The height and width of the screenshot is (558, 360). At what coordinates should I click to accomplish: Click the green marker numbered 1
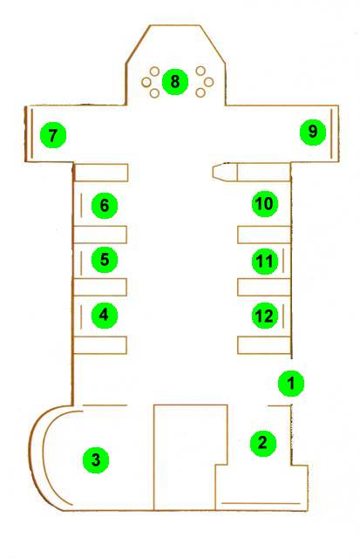(291, 384)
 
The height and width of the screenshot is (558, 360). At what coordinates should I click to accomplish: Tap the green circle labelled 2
(263, 443)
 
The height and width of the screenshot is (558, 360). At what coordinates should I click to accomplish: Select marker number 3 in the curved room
(96, 460)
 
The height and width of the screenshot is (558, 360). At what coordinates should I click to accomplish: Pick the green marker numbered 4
(105, 315)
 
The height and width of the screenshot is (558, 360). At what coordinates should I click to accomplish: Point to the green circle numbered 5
(105, 260)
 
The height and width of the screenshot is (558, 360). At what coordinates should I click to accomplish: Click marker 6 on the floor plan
(105, 206)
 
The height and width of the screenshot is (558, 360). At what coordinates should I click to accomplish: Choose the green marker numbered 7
(53, 135)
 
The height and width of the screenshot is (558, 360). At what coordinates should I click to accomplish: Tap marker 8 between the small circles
(174, 81)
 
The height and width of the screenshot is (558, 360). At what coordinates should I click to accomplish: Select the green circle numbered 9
(313, 132)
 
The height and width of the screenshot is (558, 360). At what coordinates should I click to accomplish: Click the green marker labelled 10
(265, 204)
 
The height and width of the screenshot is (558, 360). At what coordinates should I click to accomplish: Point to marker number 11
(265, 262)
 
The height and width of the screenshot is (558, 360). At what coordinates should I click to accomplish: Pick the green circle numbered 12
(265, 316)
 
